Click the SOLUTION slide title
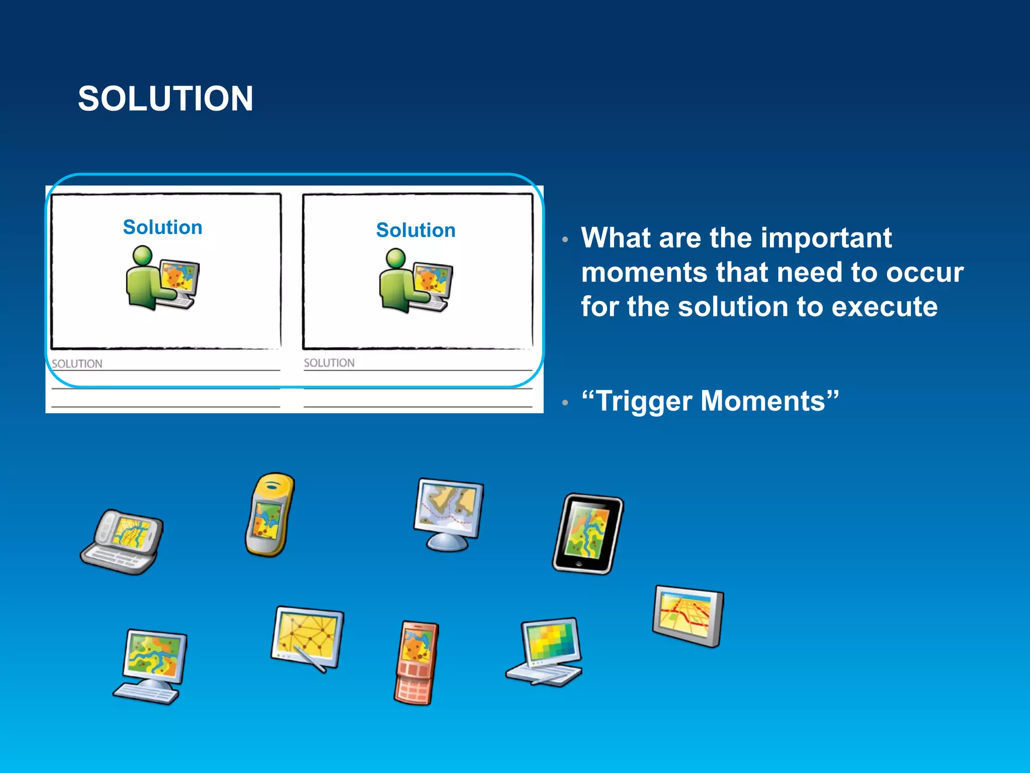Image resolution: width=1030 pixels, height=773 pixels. point(165,98)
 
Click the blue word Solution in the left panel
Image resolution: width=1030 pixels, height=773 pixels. point(162,227)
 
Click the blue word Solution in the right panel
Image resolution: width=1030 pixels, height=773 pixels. point(416,230)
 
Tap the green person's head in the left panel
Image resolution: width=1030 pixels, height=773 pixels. point(143,255)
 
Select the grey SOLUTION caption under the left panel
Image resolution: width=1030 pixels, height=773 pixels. point(77,363)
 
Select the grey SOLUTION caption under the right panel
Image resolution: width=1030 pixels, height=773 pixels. point(329,363)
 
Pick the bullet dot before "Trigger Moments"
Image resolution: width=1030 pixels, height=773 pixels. point(565,403)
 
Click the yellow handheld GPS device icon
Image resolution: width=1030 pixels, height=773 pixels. point(270,514)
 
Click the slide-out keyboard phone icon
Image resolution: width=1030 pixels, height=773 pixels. point(122,542)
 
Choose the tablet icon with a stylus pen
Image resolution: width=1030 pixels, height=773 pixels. point(307,636)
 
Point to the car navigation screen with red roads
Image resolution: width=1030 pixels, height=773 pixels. point(688,615)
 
